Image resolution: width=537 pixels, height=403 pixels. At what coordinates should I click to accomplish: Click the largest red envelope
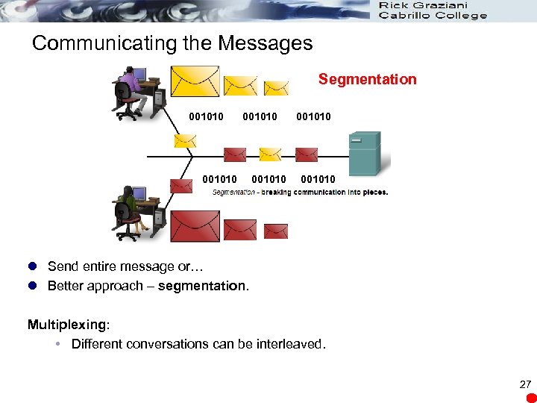click(195, 227)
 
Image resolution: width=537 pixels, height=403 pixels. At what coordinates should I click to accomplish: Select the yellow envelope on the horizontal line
click(270, 154)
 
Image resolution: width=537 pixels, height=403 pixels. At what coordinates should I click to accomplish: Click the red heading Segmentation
click(367, 79)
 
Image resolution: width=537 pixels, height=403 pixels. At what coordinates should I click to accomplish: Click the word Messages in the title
click(265, 43)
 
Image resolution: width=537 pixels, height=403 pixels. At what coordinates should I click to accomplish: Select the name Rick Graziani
click(423, 5)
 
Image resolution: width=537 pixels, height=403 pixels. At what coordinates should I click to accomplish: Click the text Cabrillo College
click(433, 16)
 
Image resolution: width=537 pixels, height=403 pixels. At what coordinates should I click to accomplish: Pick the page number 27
click(526, 384)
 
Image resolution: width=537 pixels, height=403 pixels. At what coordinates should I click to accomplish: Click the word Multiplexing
click(67, 325)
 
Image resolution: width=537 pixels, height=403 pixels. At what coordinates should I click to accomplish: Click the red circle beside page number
click(531, 397)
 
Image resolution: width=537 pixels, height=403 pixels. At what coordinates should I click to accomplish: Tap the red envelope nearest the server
click(307, 154)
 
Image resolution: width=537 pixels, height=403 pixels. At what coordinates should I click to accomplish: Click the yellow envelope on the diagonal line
click(184, 140)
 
